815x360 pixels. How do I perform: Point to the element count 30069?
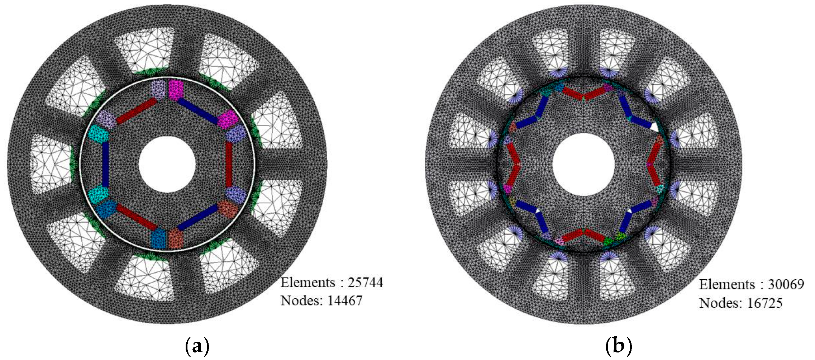[786, 285]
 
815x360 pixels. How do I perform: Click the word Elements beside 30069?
[727, 285]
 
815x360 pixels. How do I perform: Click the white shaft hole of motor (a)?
[167, 164]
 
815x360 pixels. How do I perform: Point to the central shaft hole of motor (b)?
[583, 164]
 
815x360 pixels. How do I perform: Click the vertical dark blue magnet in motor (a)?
[105, 164]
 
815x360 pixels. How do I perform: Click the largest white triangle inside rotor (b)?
[654, 127]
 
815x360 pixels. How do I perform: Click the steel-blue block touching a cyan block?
[106, 209]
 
